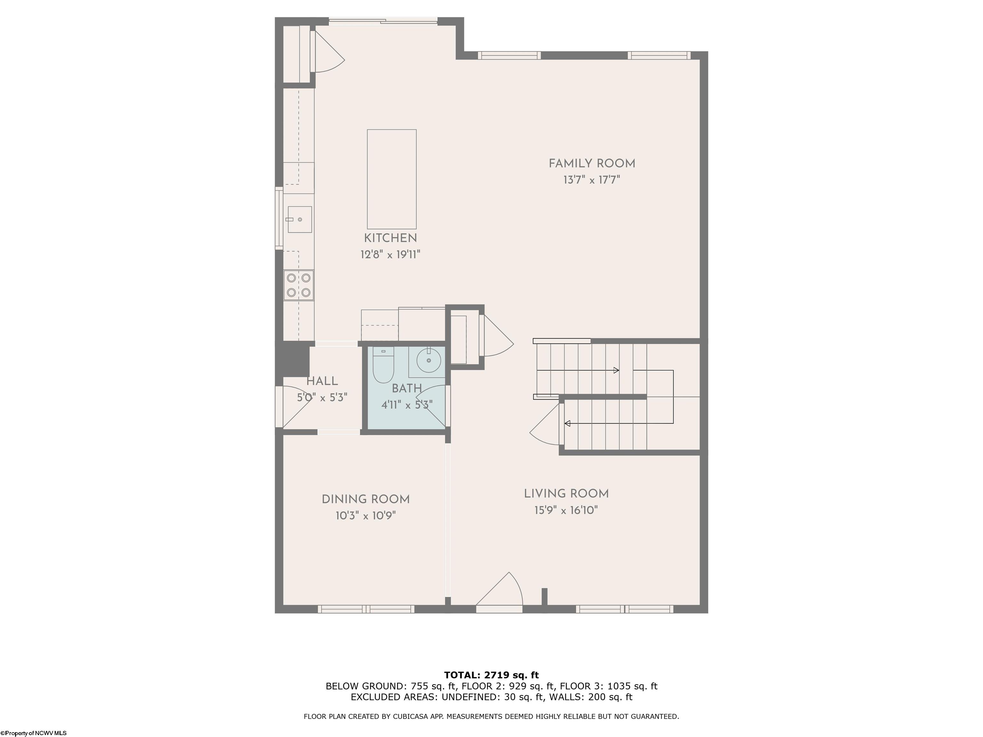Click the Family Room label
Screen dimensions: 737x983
(x=591, y=163)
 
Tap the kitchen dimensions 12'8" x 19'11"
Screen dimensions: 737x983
(x=390, y=255)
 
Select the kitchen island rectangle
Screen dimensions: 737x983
(x=392, y=179)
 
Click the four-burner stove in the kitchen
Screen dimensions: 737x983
(x=299, y=285)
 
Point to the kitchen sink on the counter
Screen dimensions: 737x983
(x=300, y=219)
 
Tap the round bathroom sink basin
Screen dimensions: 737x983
(x=429, y=360)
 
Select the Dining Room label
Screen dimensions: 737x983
(x=365, y=499)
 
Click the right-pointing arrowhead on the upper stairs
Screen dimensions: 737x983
(x=616, y=370)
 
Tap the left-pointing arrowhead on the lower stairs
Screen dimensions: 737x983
(x=567, y=424)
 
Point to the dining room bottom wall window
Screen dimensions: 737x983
(x=366, y=609)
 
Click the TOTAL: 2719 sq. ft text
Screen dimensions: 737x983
(x=491, y=675)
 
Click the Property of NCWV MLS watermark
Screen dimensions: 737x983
(x=33, y=733)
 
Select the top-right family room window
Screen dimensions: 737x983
(x=659, y=56)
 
